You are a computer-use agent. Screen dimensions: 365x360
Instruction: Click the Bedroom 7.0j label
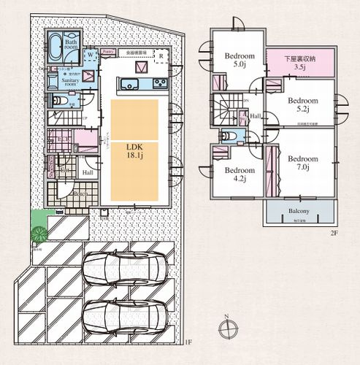click(x=301, y=163)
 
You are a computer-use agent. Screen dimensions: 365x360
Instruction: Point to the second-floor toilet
click(x=229, y=137)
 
